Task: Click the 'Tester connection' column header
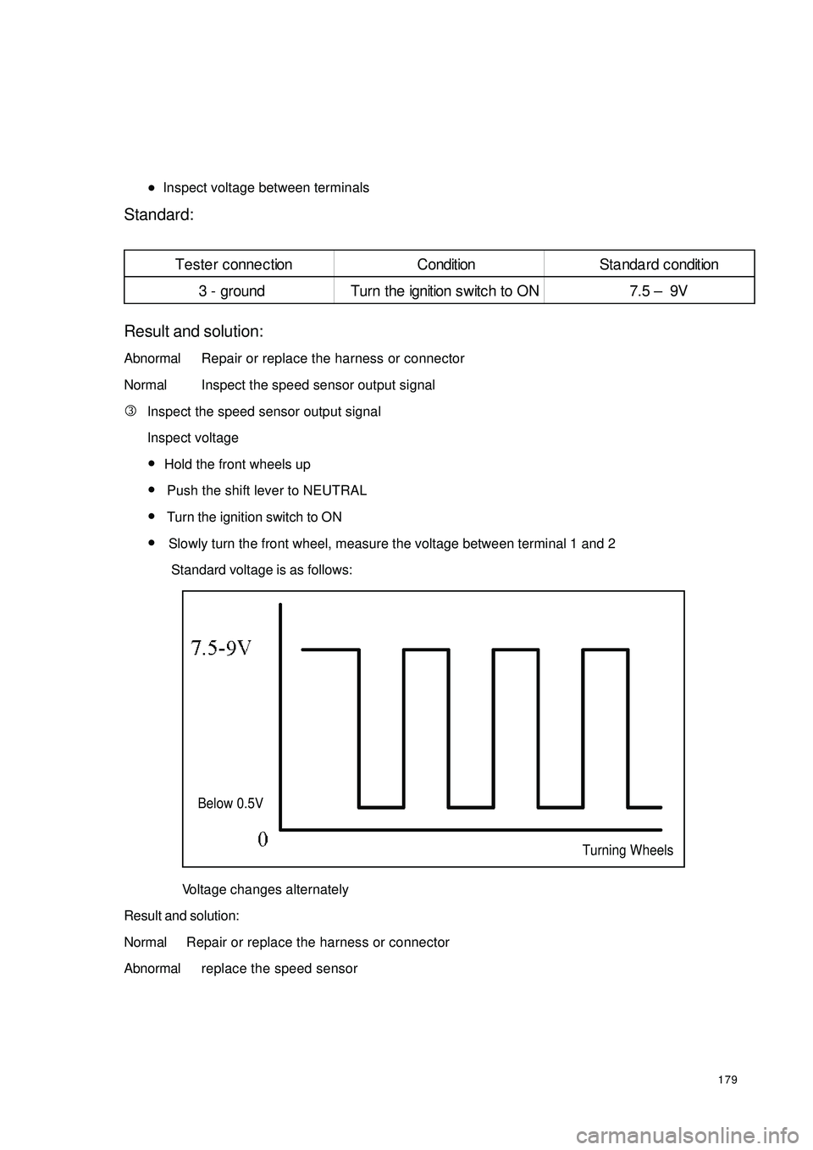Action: [233, 264]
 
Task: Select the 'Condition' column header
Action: [445, 264]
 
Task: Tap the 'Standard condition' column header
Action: [658, 264]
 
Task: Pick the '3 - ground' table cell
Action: [231, 291]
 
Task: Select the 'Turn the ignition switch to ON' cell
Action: [445, 291]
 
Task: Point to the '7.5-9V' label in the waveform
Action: [221, 649]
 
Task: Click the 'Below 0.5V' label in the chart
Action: [230, 803]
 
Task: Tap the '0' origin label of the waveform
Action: [263, 839]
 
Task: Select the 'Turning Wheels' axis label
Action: [628, 850]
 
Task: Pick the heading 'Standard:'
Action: [159, 215]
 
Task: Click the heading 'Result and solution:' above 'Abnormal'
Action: [194, 331]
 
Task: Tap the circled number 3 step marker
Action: [131, 412]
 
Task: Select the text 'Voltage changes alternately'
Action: [265, 889]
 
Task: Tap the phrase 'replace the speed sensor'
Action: [279, 968]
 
